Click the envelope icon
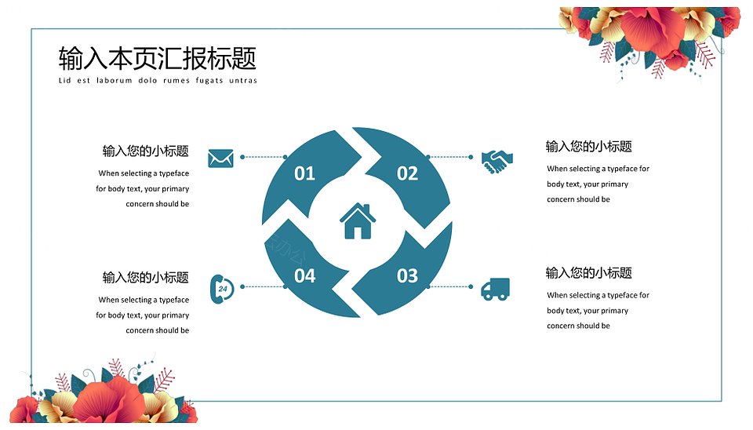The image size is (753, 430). (220, 158)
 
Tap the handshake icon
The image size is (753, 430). (497, 162)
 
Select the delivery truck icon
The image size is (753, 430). (495, 290)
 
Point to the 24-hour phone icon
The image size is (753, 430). (222, 289)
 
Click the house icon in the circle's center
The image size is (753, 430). (358, 221)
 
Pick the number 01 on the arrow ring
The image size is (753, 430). (304, 173)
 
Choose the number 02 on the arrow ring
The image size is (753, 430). (407, 173)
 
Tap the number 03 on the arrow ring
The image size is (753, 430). (407, 275)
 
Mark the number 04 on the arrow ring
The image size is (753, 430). (304, 275)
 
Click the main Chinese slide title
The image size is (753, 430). (158, 58)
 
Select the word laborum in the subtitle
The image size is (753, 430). (115, 80)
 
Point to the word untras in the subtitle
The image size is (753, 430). (243, 80)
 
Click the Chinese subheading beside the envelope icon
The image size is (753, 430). (146, 151)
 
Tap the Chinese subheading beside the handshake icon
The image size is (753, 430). (589, 147)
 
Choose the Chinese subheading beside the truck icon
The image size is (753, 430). (589, 273)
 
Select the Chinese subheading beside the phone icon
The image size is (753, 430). (146, 277)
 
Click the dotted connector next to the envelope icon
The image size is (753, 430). (264, 157)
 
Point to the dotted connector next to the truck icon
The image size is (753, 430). (450, 287)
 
